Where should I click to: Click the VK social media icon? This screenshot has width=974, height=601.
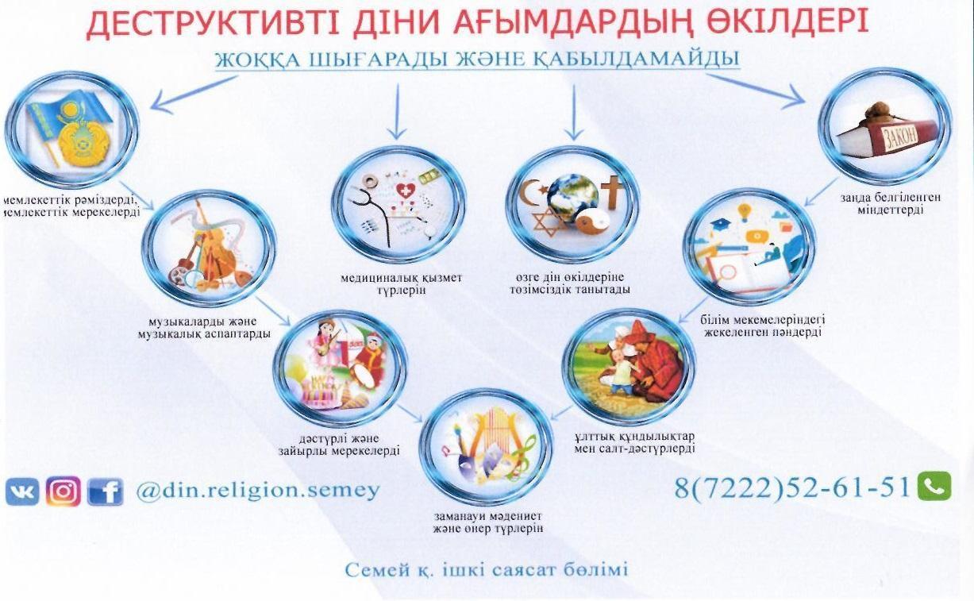point(22,492)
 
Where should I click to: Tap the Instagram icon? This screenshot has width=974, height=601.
point(64,491)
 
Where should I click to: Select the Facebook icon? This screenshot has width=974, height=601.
point(106,492)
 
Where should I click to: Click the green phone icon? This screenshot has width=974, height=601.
point(934,486)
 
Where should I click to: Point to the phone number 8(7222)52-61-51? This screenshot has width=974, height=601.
point(792,487)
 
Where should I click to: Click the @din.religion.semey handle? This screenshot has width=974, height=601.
point(258,491)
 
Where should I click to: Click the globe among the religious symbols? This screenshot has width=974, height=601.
point(572,198)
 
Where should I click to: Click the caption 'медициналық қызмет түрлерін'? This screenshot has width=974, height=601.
point(401,284)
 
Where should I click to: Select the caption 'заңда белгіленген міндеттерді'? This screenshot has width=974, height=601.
point(890,203)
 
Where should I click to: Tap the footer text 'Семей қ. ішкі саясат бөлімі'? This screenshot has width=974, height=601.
point(487,569)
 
